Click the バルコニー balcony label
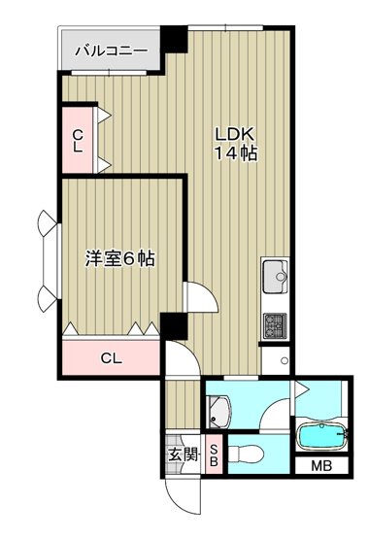112,51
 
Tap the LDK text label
235,134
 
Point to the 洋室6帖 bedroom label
120,259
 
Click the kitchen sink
275,277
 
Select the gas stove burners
275,325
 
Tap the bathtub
321,435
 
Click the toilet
246,455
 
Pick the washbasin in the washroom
218,412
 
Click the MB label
321,466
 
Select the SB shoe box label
214,455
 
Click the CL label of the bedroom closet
112,358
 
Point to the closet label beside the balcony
79,141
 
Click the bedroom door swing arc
207,292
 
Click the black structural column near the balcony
174,39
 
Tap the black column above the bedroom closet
174,326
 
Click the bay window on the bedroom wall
48,261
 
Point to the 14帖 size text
236,153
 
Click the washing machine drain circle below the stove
284,360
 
